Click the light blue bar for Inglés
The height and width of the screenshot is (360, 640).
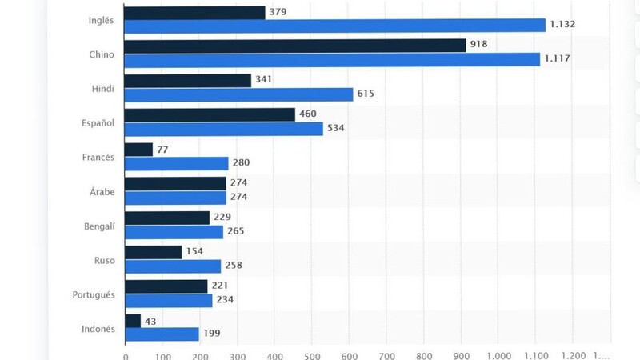click(335, 26)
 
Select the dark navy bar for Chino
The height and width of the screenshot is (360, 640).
click(295, 46)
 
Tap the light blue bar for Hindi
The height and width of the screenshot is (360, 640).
click(239, 94)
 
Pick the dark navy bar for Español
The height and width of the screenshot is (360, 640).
click(210, 114)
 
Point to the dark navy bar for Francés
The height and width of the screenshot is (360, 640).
click(139, 150)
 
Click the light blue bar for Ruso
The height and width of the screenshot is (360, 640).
click(173, 266)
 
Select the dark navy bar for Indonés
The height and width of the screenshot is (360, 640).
click(133, 320)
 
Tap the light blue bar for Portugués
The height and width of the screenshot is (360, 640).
click(169, 301)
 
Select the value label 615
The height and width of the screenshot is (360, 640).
click(366, 94)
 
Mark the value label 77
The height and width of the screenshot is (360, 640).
click(162, 150)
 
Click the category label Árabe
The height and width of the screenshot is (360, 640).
click(102, 191)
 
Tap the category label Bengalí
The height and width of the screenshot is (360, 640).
click(99, 226)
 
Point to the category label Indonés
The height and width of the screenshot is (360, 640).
click(99, 328)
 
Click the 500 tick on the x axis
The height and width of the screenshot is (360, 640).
click(312, 354)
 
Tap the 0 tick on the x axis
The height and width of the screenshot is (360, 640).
click(126, 354)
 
